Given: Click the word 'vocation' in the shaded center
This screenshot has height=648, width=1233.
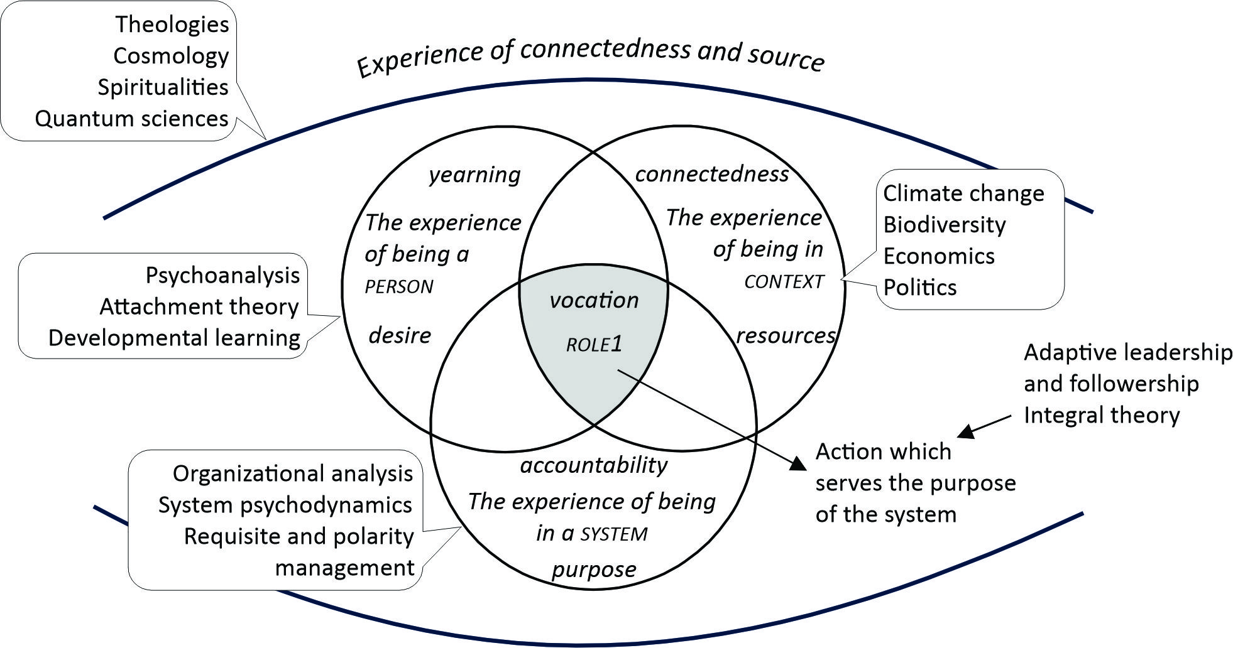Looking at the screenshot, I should coord(594,301).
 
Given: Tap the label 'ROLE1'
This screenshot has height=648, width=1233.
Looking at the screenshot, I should coord(594,344).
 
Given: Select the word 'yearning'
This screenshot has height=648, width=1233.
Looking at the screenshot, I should coord(474,175).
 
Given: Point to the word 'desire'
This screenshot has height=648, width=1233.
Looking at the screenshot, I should coord(400,335).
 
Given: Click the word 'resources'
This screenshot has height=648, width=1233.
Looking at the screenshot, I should coord(785,335).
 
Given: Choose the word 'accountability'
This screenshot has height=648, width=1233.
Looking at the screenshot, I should coord(594,465).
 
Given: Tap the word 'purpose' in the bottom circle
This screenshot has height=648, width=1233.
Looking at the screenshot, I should coord(594,570).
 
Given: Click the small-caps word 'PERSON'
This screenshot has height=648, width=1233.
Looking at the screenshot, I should coord(399,287).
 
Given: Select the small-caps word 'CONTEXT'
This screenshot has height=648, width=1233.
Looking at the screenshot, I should coord(784,282).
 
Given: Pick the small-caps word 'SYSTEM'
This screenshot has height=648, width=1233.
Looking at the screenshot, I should coord(614,534).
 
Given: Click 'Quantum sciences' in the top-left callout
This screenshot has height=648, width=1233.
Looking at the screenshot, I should coord(131,119).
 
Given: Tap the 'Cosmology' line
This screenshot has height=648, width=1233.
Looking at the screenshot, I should coord(171,56).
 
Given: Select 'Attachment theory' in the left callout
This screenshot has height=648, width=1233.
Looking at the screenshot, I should coord(199,307).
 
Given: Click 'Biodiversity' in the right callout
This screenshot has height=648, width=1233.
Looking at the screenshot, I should coord(944,225).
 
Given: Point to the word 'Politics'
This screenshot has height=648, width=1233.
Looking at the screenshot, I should coord(920,288).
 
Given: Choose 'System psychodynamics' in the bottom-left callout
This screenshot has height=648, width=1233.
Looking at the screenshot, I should coord(285,505).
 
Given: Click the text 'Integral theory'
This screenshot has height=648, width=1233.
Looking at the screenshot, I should coord(1101,415).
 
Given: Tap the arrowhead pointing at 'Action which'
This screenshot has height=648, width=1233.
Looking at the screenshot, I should coord(798,464).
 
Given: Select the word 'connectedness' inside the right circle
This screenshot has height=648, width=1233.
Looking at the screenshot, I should coord(711,174).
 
